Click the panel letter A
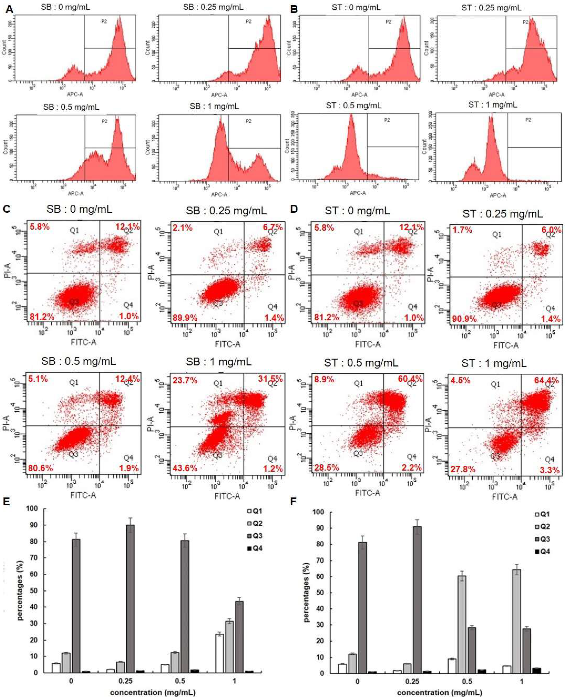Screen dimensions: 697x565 coord(10,9)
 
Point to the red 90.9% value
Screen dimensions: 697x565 coord(464,319)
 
